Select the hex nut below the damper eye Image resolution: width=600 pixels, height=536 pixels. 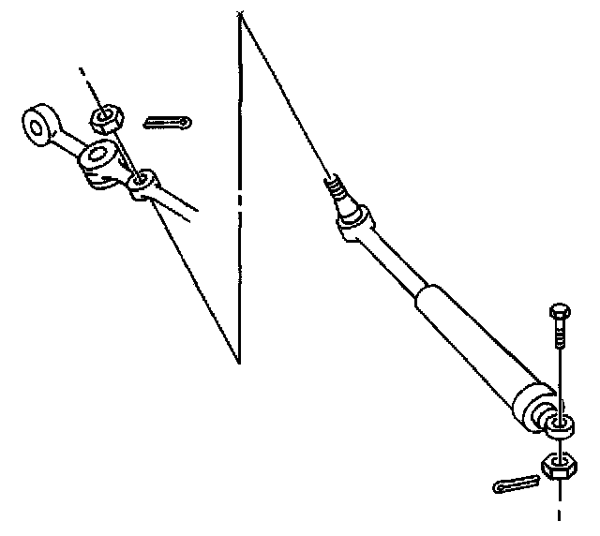(x=560, y=466)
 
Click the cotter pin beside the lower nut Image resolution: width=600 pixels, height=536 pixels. (x=516, y=484)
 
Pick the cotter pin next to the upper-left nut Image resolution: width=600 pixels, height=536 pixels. (x=169, y=122)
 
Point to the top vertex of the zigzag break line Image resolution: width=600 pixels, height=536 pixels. (x=240, y=13)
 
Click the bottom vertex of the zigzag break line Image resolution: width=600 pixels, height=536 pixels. (x=238, y=363)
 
